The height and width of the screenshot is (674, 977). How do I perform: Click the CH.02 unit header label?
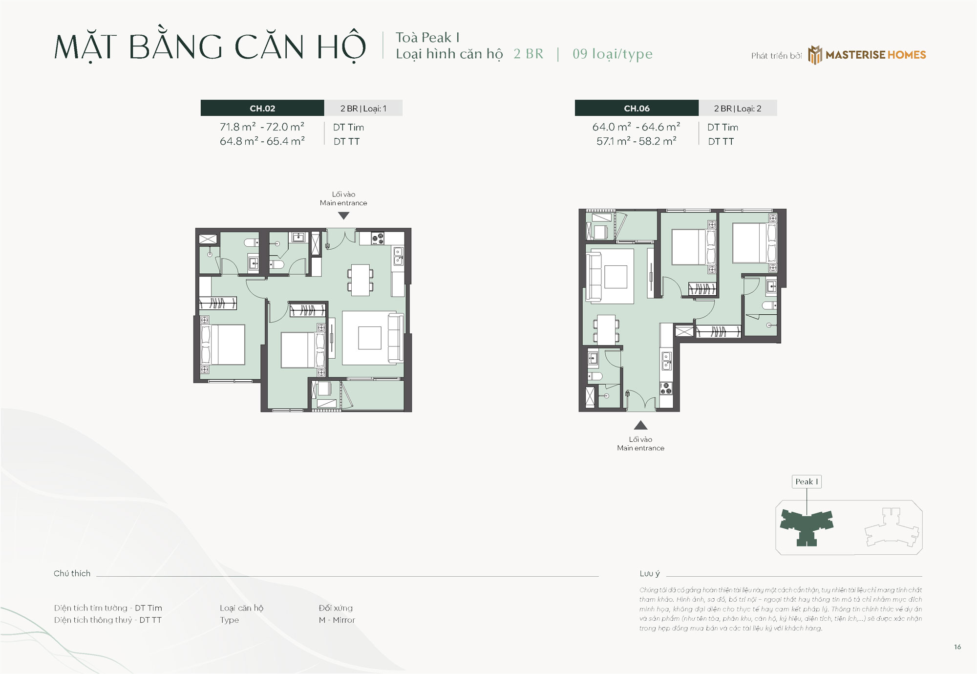262,108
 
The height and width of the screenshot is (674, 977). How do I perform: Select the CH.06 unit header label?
637,108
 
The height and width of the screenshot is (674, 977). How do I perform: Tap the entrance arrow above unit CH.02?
343,216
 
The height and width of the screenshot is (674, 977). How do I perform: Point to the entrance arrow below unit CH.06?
640,425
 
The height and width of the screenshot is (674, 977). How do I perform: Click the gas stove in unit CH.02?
378,239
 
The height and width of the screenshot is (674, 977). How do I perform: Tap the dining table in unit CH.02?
361,280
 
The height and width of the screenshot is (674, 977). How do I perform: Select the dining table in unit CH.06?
606,330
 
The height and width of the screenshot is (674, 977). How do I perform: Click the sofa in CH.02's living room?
396,338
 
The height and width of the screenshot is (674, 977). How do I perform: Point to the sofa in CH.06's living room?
594,276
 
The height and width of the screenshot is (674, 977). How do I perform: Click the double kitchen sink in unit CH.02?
399,256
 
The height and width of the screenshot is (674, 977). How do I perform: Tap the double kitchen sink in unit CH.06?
666,361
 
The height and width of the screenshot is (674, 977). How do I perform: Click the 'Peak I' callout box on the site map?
807,481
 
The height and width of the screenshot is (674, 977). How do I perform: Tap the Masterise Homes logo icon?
814,55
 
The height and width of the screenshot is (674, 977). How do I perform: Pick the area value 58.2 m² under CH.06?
658,141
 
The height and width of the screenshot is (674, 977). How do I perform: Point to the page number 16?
957,647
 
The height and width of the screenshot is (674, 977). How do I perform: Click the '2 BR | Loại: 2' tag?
738,108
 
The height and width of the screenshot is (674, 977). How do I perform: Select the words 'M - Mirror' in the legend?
337,620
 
